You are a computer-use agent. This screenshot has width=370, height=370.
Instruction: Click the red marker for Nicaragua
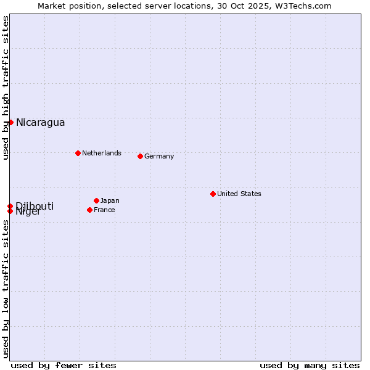[x=10, y=122]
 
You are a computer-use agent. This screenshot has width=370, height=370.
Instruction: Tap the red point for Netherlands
[x=78, y=153]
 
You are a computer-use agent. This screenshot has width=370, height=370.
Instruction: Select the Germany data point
[x=140, y=156]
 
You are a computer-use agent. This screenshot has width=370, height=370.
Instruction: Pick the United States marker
[x=213, y=194]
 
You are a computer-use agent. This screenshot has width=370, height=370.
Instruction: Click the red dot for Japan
[x=96, y=200]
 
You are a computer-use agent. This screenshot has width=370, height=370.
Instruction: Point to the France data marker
[x=89, y=210]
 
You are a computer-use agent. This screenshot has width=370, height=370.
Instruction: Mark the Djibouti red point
[x=10, y=206]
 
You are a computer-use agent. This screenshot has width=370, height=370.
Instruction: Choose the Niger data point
[x=10, y=211]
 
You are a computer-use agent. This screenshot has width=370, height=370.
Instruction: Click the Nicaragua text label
[x=40, y=122]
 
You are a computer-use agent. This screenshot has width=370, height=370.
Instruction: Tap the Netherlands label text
[x=101, y=153]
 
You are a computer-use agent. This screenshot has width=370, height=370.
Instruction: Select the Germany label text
[x=159, y=156]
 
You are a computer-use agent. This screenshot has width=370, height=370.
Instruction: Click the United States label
[x=239, y=194]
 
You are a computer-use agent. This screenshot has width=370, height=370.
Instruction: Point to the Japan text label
[x=110, y=200]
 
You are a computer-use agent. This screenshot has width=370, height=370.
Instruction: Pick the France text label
[x=104, y=210]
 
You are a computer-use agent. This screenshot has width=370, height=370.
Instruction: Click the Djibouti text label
[x=35, y=205]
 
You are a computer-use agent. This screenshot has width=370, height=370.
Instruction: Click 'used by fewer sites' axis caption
[x=64, y=365]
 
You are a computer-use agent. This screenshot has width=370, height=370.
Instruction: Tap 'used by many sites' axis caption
[x=310, y=365]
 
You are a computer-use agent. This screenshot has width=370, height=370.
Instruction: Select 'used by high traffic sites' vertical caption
[x=6, y=88]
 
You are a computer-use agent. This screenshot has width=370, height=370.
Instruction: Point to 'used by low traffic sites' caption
[x=6, y=289]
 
